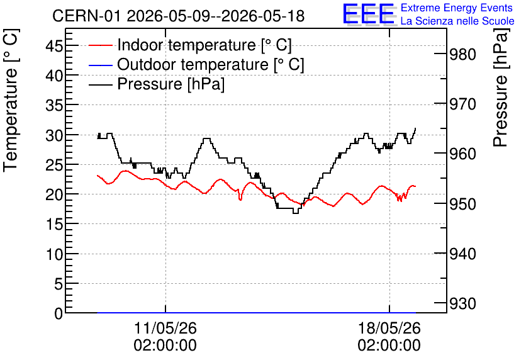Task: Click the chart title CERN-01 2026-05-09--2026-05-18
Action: (179, 16)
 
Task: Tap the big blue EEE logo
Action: (368, 14)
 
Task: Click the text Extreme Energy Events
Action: (457, 8)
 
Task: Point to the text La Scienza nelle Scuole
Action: (457, 21)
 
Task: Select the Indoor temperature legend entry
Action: (190, 45)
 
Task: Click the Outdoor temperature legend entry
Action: (196, 64)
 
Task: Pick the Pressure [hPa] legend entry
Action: (157, 84)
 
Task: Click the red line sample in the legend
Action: (100, 45)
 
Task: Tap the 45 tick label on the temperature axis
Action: (54, 45)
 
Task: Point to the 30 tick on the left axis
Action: (54, 135)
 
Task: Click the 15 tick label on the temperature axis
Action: (54, 224)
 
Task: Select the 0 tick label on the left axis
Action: (59, 313)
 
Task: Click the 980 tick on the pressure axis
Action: (462, 54)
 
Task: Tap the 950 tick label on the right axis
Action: (462, 204)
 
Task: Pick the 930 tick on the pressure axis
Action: (462, 303)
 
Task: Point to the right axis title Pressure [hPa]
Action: (500, 87)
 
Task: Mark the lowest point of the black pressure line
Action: (296, 213)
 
